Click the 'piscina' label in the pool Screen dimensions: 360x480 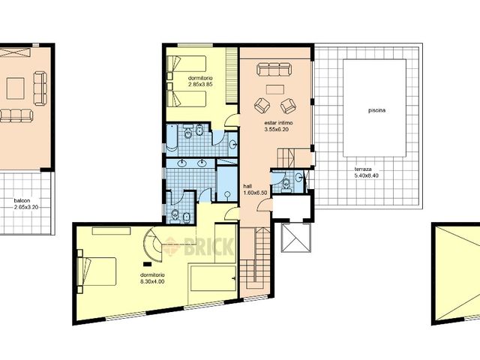click(377, 110)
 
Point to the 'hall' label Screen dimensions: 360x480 click(247, 186)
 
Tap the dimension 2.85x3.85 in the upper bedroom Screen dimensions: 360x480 click(201, 84)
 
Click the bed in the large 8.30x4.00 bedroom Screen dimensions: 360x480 click(99, 271)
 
